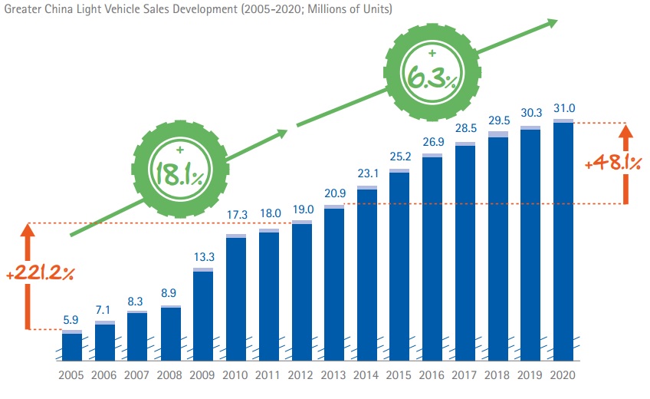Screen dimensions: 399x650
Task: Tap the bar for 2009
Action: [203, 315]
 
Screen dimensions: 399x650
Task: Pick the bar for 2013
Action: [334, 284]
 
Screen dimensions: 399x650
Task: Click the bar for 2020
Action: [563, 242]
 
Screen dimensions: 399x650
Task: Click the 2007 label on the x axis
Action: [137, 377]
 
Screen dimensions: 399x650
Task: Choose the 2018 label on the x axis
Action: [498, 377]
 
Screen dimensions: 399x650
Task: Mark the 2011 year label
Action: [268, 377]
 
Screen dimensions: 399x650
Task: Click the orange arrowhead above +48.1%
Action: [626, 132]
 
